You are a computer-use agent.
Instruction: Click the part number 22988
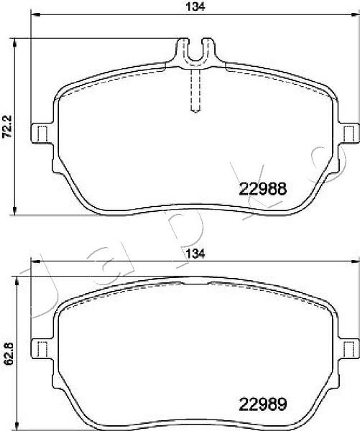coord(263,189)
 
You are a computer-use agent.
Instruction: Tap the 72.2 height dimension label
coord(6,126)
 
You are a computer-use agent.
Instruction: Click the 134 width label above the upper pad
coord(195,6)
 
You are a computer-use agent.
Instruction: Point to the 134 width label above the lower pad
coord(195,254)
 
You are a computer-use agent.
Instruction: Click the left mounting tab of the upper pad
coord(42,133)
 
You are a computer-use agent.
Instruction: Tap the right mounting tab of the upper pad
coord(349,133)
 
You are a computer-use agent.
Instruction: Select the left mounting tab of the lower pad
coord(42,348)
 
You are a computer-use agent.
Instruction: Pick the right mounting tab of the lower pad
coord(349,348)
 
